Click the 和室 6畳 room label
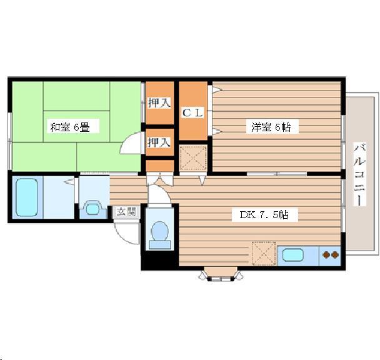tap(70, 127)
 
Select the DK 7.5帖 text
tap(264, 215)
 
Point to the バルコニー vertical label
tap(360, 174)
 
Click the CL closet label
tap(191, 113)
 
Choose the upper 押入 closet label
tap(159, 102)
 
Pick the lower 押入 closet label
tap(159, 142)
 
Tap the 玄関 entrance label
tap(126, 211)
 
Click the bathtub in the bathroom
tap(27, 197)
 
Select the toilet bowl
tap(160, 232)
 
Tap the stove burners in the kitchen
tap(329, 255)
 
